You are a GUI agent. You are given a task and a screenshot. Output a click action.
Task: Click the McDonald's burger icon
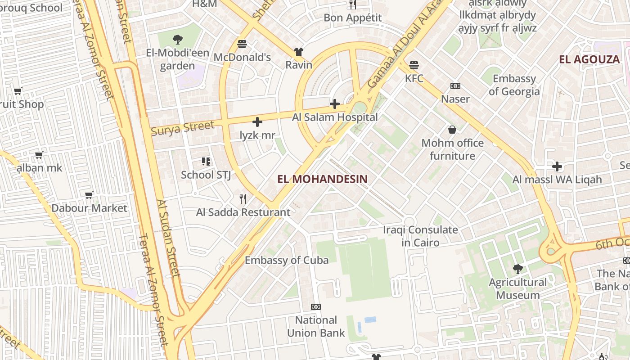pos(242,44)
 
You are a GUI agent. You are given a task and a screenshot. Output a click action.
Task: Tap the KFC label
pos(414,78)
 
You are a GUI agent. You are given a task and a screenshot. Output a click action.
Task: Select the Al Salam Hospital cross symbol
pos(335,104)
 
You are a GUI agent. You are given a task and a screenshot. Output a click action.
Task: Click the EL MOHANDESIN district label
pos(322,179)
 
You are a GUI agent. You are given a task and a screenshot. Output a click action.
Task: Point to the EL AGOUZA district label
pos(589,59)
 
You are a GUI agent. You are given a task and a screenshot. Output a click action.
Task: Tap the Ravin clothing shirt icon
pos(298,52)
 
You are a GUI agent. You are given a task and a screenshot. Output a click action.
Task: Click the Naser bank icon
pos(455,86)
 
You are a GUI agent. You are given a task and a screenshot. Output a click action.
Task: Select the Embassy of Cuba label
pos(287,260)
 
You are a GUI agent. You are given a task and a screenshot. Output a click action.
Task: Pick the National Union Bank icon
pos(316,307)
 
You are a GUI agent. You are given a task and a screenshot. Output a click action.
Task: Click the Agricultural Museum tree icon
pos(518,269)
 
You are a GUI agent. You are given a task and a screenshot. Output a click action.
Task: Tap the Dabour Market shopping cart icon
pos(89,195)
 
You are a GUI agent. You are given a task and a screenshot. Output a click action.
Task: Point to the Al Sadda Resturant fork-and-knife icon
pos(243,198)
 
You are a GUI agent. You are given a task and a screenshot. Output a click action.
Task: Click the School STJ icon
pos(206,162)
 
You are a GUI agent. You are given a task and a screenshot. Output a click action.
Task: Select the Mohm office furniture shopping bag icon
pos(452,130)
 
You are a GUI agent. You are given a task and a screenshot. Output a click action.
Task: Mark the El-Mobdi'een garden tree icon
pos(178,39)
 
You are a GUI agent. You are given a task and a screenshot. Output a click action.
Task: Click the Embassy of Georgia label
pos(514,85)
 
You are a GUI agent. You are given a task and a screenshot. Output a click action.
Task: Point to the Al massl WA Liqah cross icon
pos(557,166)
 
